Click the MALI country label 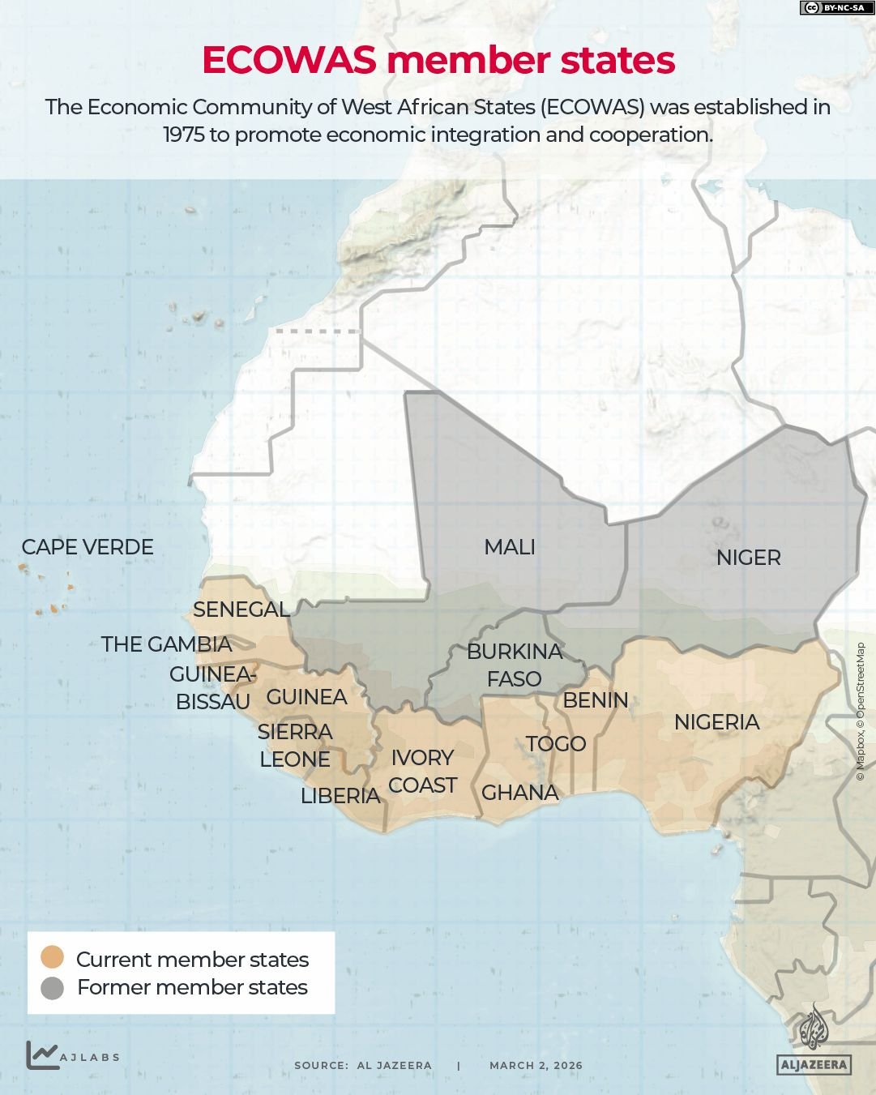click(x=509, y=547)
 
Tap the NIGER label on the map click(x=748, y=558)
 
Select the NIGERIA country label click(x=716, y=721)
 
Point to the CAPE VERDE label click(x=88, y=547)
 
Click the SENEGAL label click(x=241, y=610)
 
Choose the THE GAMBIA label click(x=167, y=644)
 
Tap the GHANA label click(x=519, y=793)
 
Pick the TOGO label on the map click(x=555, y=743)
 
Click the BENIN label click(x=595, y=700)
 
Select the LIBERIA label click(x=340, y=796)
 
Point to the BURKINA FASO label click(x=514, y=665)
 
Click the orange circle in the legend click(x=53, y=957)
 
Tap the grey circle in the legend click(x=53, y=988)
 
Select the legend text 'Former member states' click(x=192, y=987)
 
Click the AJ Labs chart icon click(x=42, y=1054)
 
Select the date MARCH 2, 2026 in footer click(x=536, y=1066)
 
